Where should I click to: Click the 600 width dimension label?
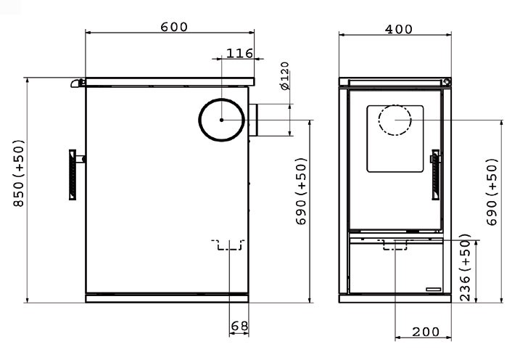[174, 27]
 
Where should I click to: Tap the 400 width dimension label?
[399, 29]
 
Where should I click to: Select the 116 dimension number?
[239, 53]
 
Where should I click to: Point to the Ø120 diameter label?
[285, 75]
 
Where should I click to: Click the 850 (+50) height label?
[19, 173]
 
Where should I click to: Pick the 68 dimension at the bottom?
[239, 326]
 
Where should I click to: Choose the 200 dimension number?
[426, 332]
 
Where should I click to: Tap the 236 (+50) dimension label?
[466, 267]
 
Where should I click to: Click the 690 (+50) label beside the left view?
[301, 191]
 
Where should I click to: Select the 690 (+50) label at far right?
[492, 192]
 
